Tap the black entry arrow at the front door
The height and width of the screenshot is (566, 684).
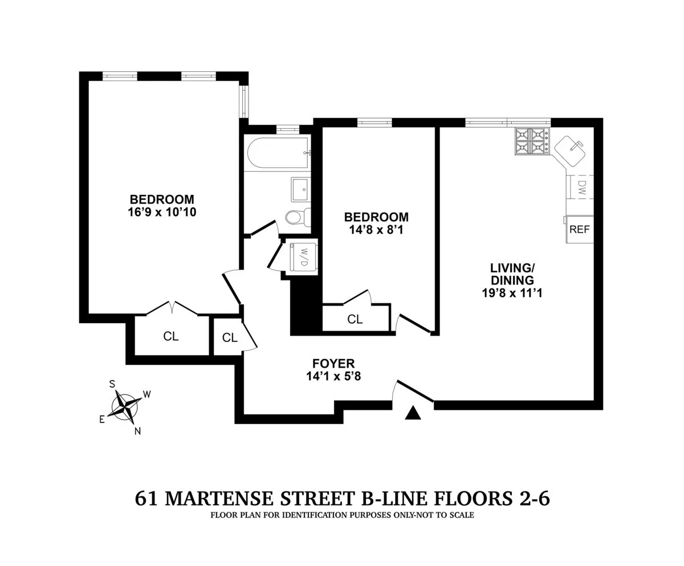click(413, 413)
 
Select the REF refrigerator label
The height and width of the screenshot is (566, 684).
click(580, 230)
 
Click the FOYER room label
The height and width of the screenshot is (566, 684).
click(333, 364)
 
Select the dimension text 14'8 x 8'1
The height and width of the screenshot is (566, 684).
click(376, 230)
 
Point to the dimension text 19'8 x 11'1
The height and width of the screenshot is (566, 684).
click(512, 294)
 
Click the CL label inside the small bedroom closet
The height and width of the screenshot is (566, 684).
click(355, 320)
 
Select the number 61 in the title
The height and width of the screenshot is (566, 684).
click(146, 499)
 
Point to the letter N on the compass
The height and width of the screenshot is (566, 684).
click(137, 431)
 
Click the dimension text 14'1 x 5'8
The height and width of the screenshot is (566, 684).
click(333, 376)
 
